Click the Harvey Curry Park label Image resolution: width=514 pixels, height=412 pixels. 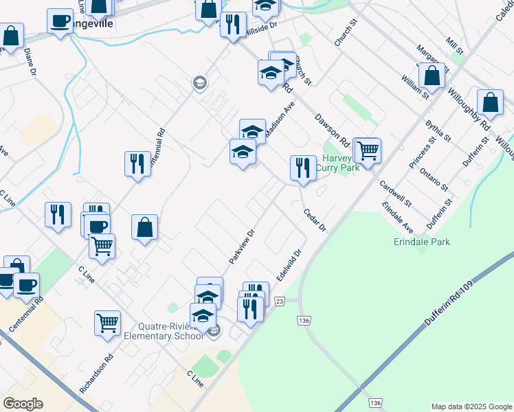pos(337,162)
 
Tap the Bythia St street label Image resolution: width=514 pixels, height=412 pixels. pos(438,129)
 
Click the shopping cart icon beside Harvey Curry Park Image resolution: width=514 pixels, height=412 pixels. pos(368,150)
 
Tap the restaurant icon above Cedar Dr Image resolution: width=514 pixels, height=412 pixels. pos(302,167)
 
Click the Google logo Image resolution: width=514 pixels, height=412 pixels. pos(23,404)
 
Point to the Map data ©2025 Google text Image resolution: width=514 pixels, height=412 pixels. pos(471,407)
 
